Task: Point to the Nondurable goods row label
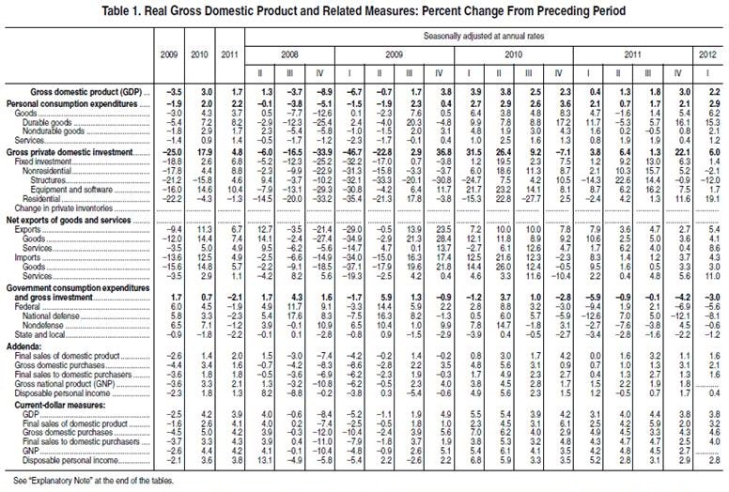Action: [51, 130]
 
